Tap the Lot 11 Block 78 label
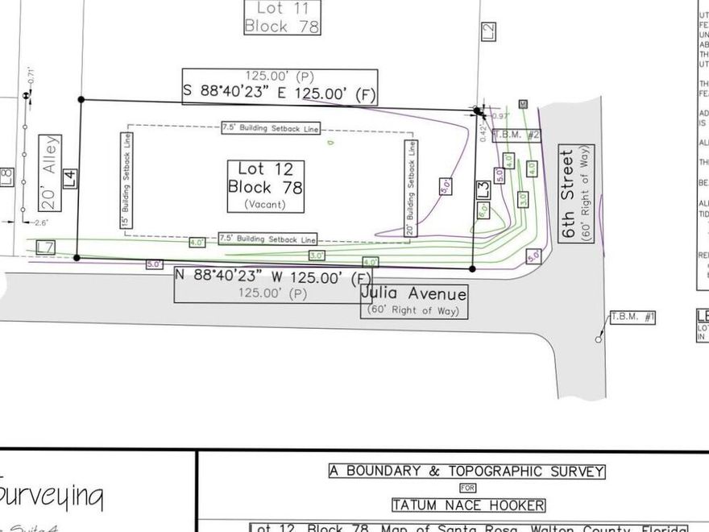(x=281, y=17)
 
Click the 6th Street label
(x=576, y=193)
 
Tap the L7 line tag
(x=45, y=246)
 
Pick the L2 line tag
(x=488, y=31)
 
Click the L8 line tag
(x=7, y=177)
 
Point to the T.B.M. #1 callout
(x=632, y=318)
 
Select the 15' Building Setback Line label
(x=126, y=179)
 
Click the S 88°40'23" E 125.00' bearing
(x=280, y=93)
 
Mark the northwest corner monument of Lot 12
(x=81, y=100)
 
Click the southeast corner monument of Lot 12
(x=472, y=269)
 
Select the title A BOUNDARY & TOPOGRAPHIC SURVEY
(x=466, y=472)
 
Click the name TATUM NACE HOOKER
(x=468, y=505)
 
